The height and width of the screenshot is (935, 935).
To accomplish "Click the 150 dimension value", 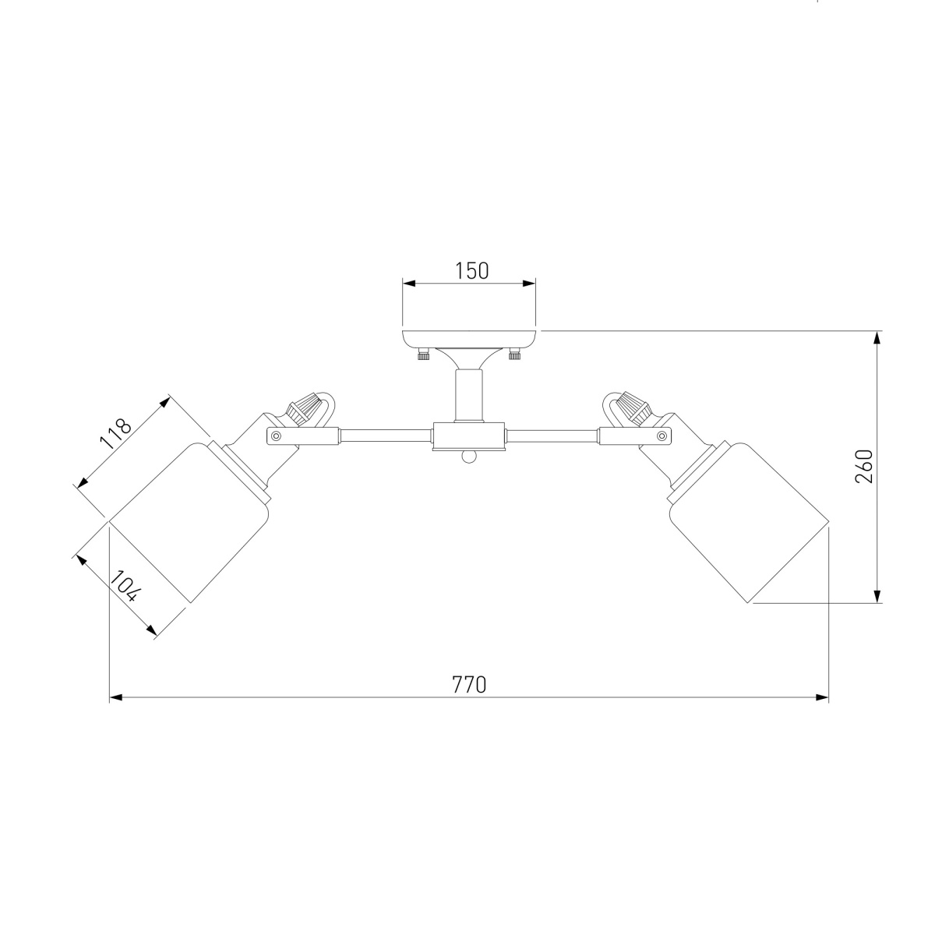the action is [471, 270].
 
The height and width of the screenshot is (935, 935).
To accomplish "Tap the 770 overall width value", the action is [469, 684].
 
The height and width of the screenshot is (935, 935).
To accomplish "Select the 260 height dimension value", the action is [863, 466].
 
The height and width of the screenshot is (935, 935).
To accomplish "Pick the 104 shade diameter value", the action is [125, 586].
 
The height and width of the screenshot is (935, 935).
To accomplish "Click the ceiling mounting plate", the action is [469, 339].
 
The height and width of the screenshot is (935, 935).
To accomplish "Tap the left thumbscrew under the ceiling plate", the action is [424, 355].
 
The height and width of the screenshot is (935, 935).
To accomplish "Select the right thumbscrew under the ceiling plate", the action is [513, 355].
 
